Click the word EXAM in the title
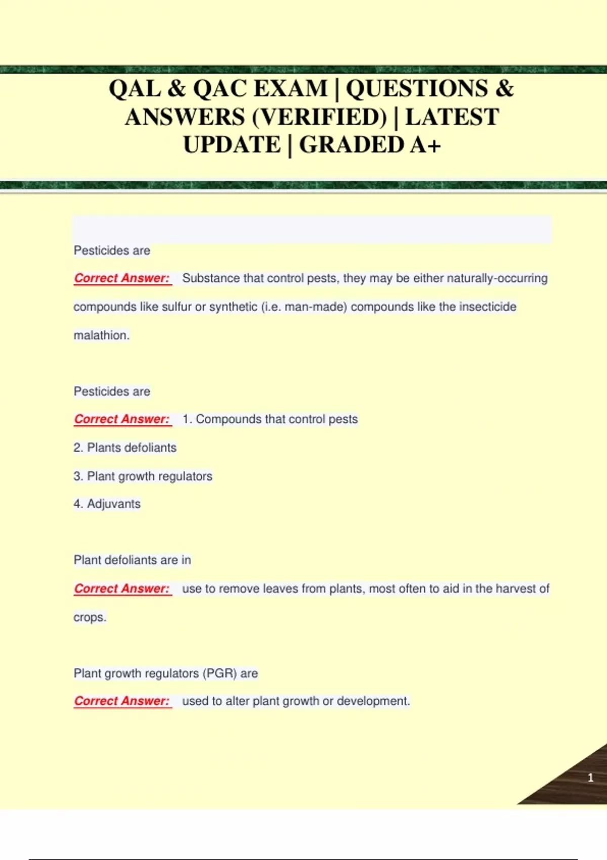pyautogui.click(x=290, y=89)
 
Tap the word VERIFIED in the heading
pyautogui.click(x=319, y=118)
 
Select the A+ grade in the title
pyautogui.click(x=426, y=146)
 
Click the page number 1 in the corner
pyautogui.click(x=590, y=778)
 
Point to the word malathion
pyautogui.click(x=101, y=335)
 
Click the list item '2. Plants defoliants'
pyautogui.click(x=125, y=448)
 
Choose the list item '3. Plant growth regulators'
pyautogui.click(x=143, y=477)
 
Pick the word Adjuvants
pyautogui.click(x=114, y=504)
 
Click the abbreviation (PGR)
pyautogui.click(x=220, y=674)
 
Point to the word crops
pyautogui.click(x=89, y=618)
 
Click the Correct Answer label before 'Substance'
pyautogui.click(x=122, y=278)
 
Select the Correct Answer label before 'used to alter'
pyautogui.click(x=122, y=701)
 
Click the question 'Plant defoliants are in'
pyautogui.click(x=132, y=560)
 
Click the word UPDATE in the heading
pyautogui.click(x=232, y=146)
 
